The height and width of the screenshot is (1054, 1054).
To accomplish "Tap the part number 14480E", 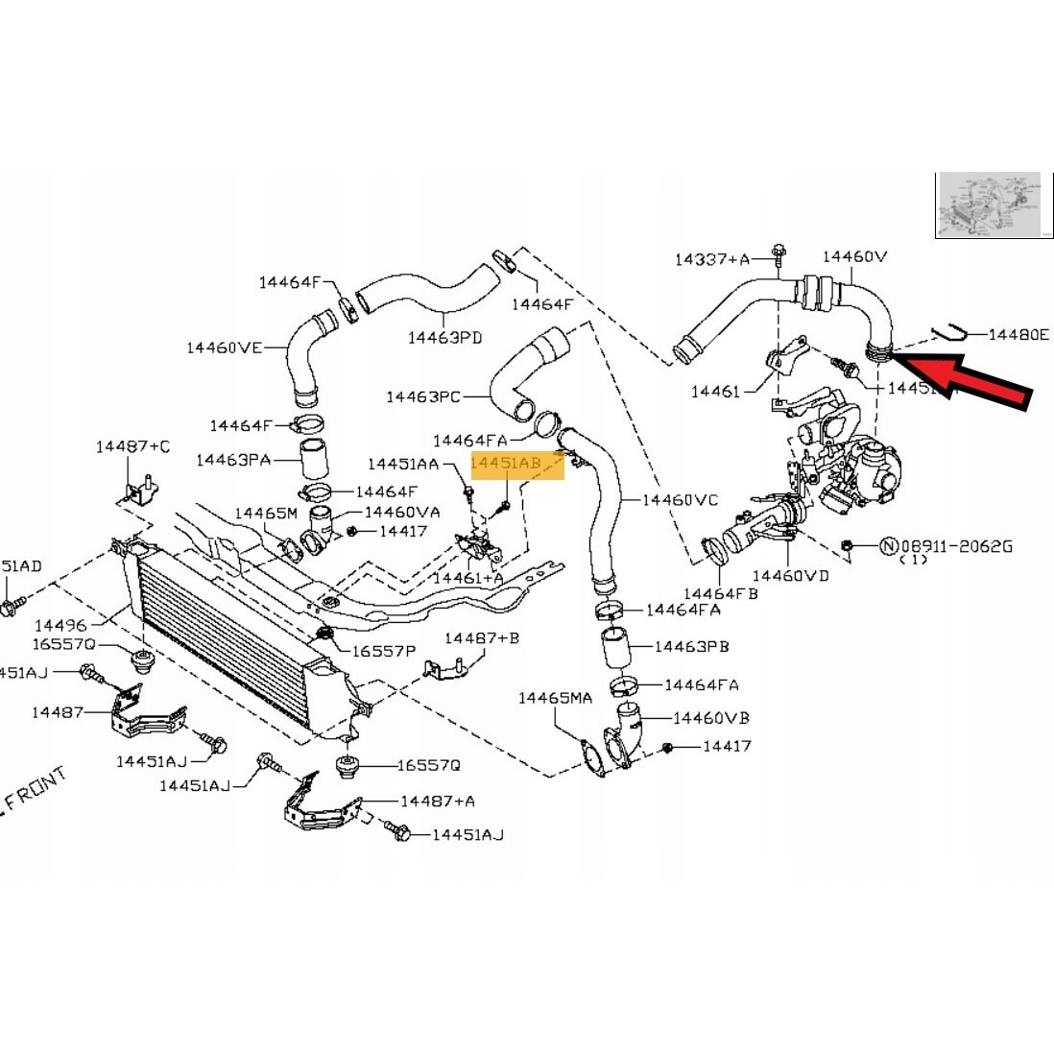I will pos(1018,335).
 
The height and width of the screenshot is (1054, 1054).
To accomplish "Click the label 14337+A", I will pos(711,258).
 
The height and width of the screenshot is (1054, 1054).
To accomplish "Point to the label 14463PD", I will pos(444,337).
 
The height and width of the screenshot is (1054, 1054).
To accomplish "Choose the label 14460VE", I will pos(224,347).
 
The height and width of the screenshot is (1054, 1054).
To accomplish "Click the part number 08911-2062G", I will pos(970,546).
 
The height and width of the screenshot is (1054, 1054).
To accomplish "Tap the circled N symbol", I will pos(888,546).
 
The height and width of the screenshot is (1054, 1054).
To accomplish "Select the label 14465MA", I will pos(556,698).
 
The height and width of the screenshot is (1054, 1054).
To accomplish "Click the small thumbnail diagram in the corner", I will pos(988,205).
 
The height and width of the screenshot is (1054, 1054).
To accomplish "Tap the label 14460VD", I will pos(790,575).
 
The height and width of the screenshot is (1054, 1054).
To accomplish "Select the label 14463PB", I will pos(692,646).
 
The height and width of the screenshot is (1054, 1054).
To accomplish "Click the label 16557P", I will pos(383,650).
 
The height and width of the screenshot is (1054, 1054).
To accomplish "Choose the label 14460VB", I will pos(711,717).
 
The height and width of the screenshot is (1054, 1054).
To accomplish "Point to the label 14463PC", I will pos(423,395).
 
